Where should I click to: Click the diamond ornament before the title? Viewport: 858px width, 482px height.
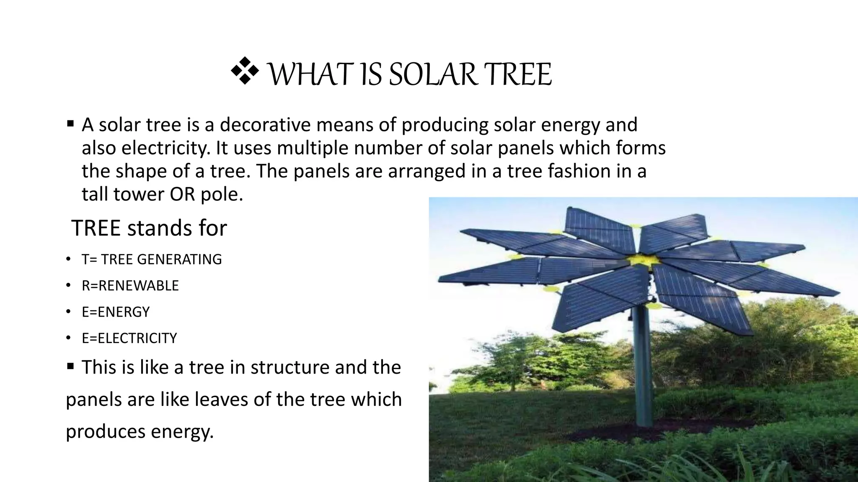tap(244, 72)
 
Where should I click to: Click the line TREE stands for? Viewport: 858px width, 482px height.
tap(149, 228)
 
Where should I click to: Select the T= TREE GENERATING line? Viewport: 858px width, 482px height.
tap(152, 259)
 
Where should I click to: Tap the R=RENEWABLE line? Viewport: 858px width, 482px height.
tap(130, 286)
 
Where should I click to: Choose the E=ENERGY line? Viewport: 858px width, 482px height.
tap(116, 312)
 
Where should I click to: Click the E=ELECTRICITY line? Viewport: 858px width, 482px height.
tap(129, 338)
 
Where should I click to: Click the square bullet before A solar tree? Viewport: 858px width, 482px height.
tap(70, 124)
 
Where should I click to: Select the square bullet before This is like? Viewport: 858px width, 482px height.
tap(70, 367)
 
